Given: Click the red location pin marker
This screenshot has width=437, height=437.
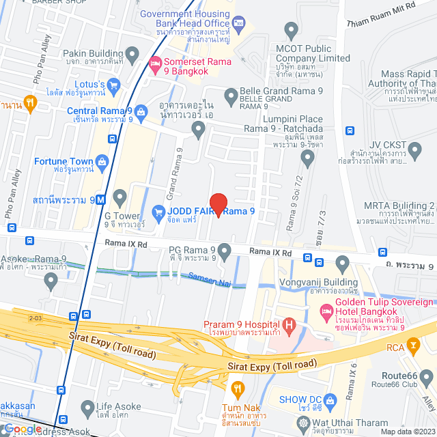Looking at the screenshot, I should point(218,205).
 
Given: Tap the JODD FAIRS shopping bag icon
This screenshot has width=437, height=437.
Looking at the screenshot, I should point(158,212).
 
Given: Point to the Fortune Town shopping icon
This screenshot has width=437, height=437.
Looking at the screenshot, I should point(103,161).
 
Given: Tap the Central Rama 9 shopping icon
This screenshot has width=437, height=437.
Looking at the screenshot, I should point(141,111).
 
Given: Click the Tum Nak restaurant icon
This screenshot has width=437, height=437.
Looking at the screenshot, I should point(238,390).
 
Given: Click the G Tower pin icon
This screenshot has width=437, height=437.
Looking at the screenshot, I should point(120,199).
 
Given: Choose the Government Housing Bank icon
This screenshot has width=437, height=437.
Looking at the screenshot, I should point(238,25).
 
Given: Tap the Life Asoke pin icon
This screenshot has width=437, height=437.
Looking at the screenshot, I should point(87,409).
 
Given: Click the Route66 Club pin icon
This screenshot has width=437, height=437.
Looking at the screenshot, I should point(427,376).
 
